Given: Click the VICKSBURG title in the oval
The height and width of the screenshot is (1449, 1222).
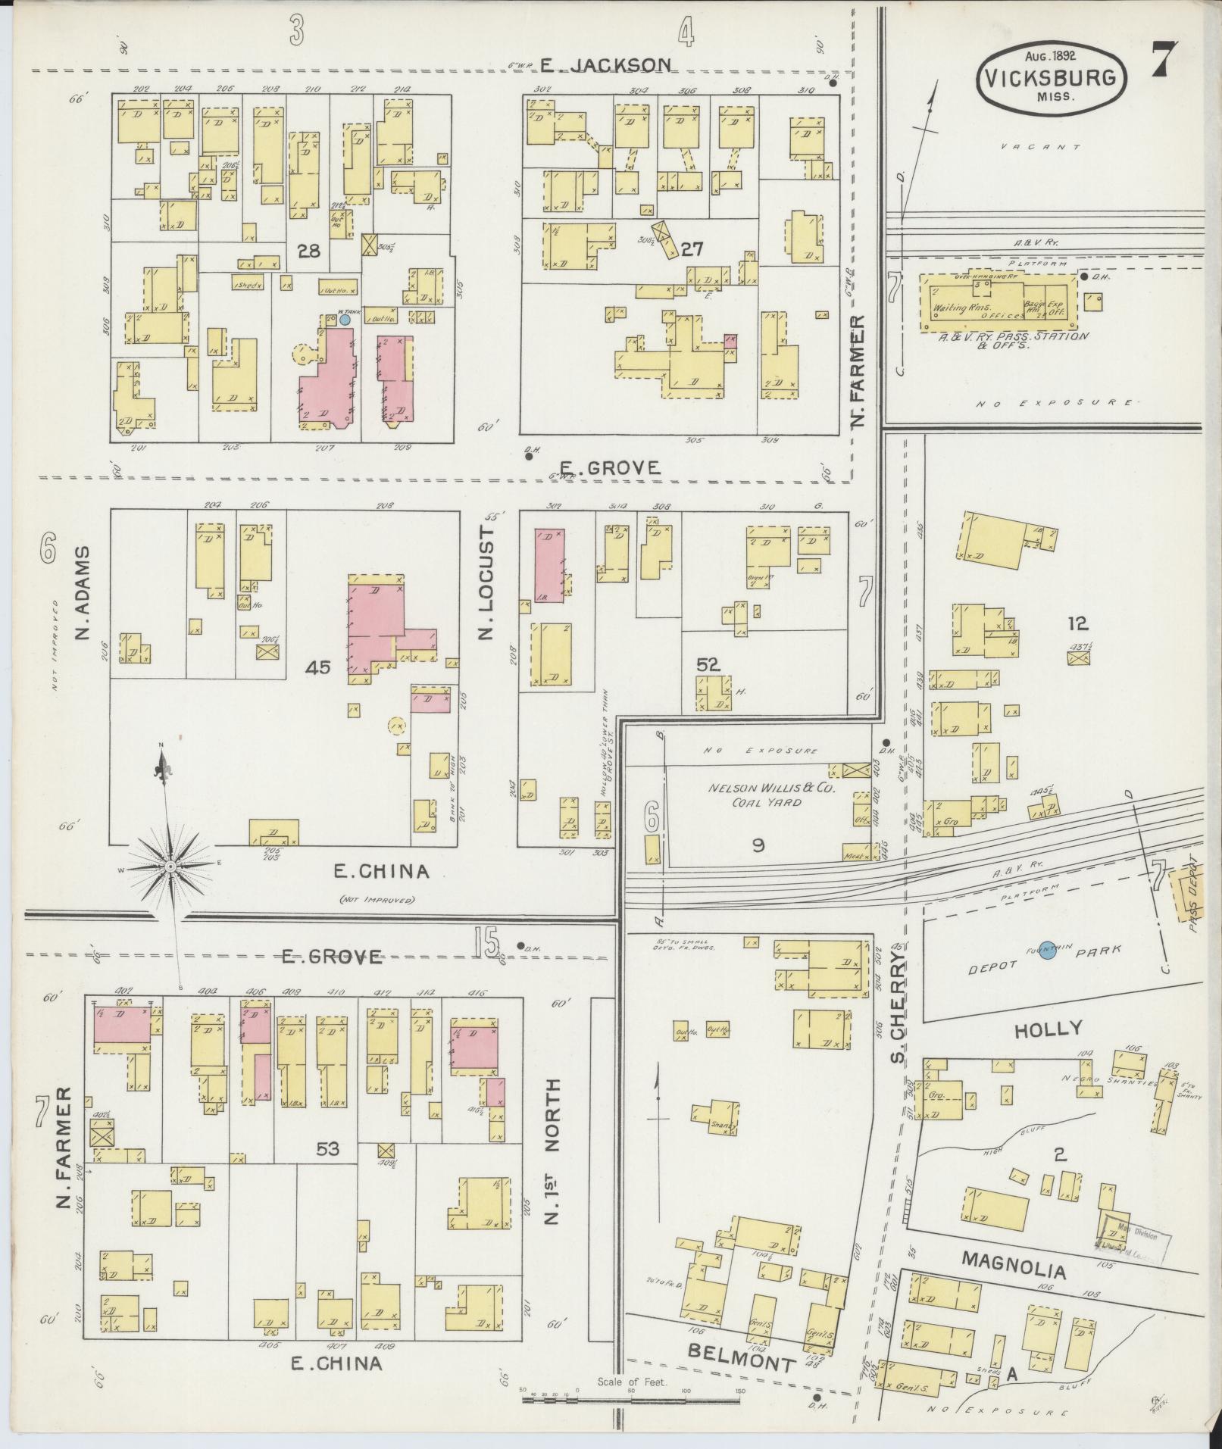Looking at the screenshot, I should (1051, 77).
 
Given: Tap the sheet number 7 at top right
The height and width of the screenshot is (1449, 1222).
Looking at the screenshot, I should (1165, 60).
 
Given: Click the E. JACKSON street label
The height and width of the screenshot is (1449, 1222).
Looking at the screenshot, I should (605, 65).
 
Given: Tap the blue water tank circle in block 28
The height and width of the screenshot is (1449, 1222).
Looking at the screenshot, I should (345, 320).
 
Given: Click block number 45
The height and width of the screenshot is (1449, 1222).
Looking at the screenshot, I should (318, 667).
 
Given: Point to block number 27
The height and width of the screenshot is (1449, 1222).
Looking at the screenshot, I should (692, 249).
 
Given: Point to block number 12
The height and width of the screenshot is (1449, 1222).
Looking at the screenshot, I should (1077, 623).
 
